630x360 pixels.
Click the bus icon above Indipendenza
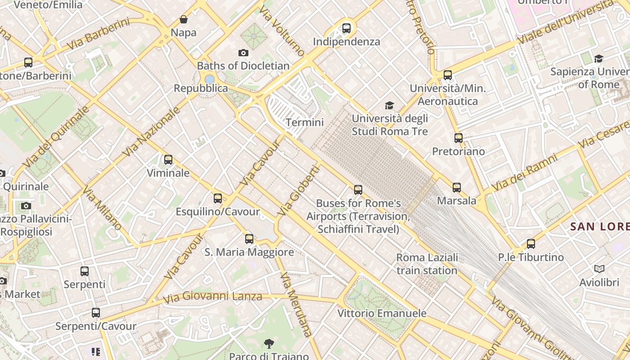(346, 28)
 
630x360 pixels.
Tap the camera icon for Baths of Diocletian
(243, 53)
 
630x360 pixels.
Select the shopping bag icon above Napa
(184, 19)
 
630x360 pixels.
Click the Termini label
(305, 122)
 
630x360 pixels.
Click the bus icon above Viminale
(168, 160)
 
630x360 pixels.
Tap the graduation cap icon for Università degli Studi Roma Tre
(389, 106)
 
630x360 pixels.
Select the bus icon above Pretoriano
(459, 138)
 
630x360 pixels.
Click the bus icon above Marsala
(457, 188)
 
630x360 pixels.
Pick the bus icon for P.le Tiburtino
(531, 244)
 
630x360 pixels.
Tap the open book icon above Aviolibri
(599, 269)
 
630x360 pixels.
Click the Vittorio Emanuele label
(382, 313)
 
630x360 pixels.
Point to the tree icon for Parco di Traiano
(269, 344)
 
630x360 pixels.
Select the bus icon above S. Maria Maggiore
(249, 239)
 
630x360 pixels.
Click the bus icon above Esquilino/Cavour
(218, 198)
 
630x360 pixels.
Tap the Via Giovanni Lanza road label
(212, 297)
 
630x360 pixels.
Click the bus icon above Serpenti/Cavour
(96, 313)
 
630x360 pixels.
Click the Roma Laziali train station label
(427, 264)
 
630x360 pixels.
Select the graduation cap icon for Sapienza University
(598, 58)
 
